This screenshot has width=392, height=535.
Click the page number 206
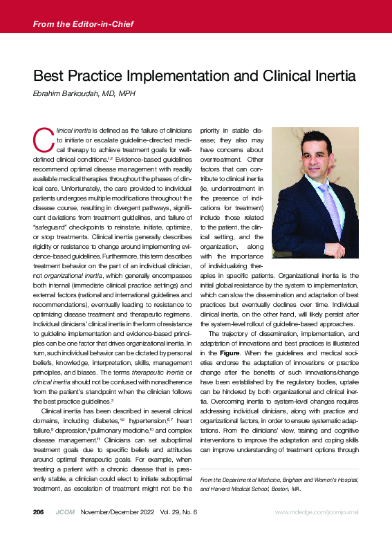39,512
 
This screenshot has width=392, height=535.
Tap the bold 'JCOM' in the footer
64,512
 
